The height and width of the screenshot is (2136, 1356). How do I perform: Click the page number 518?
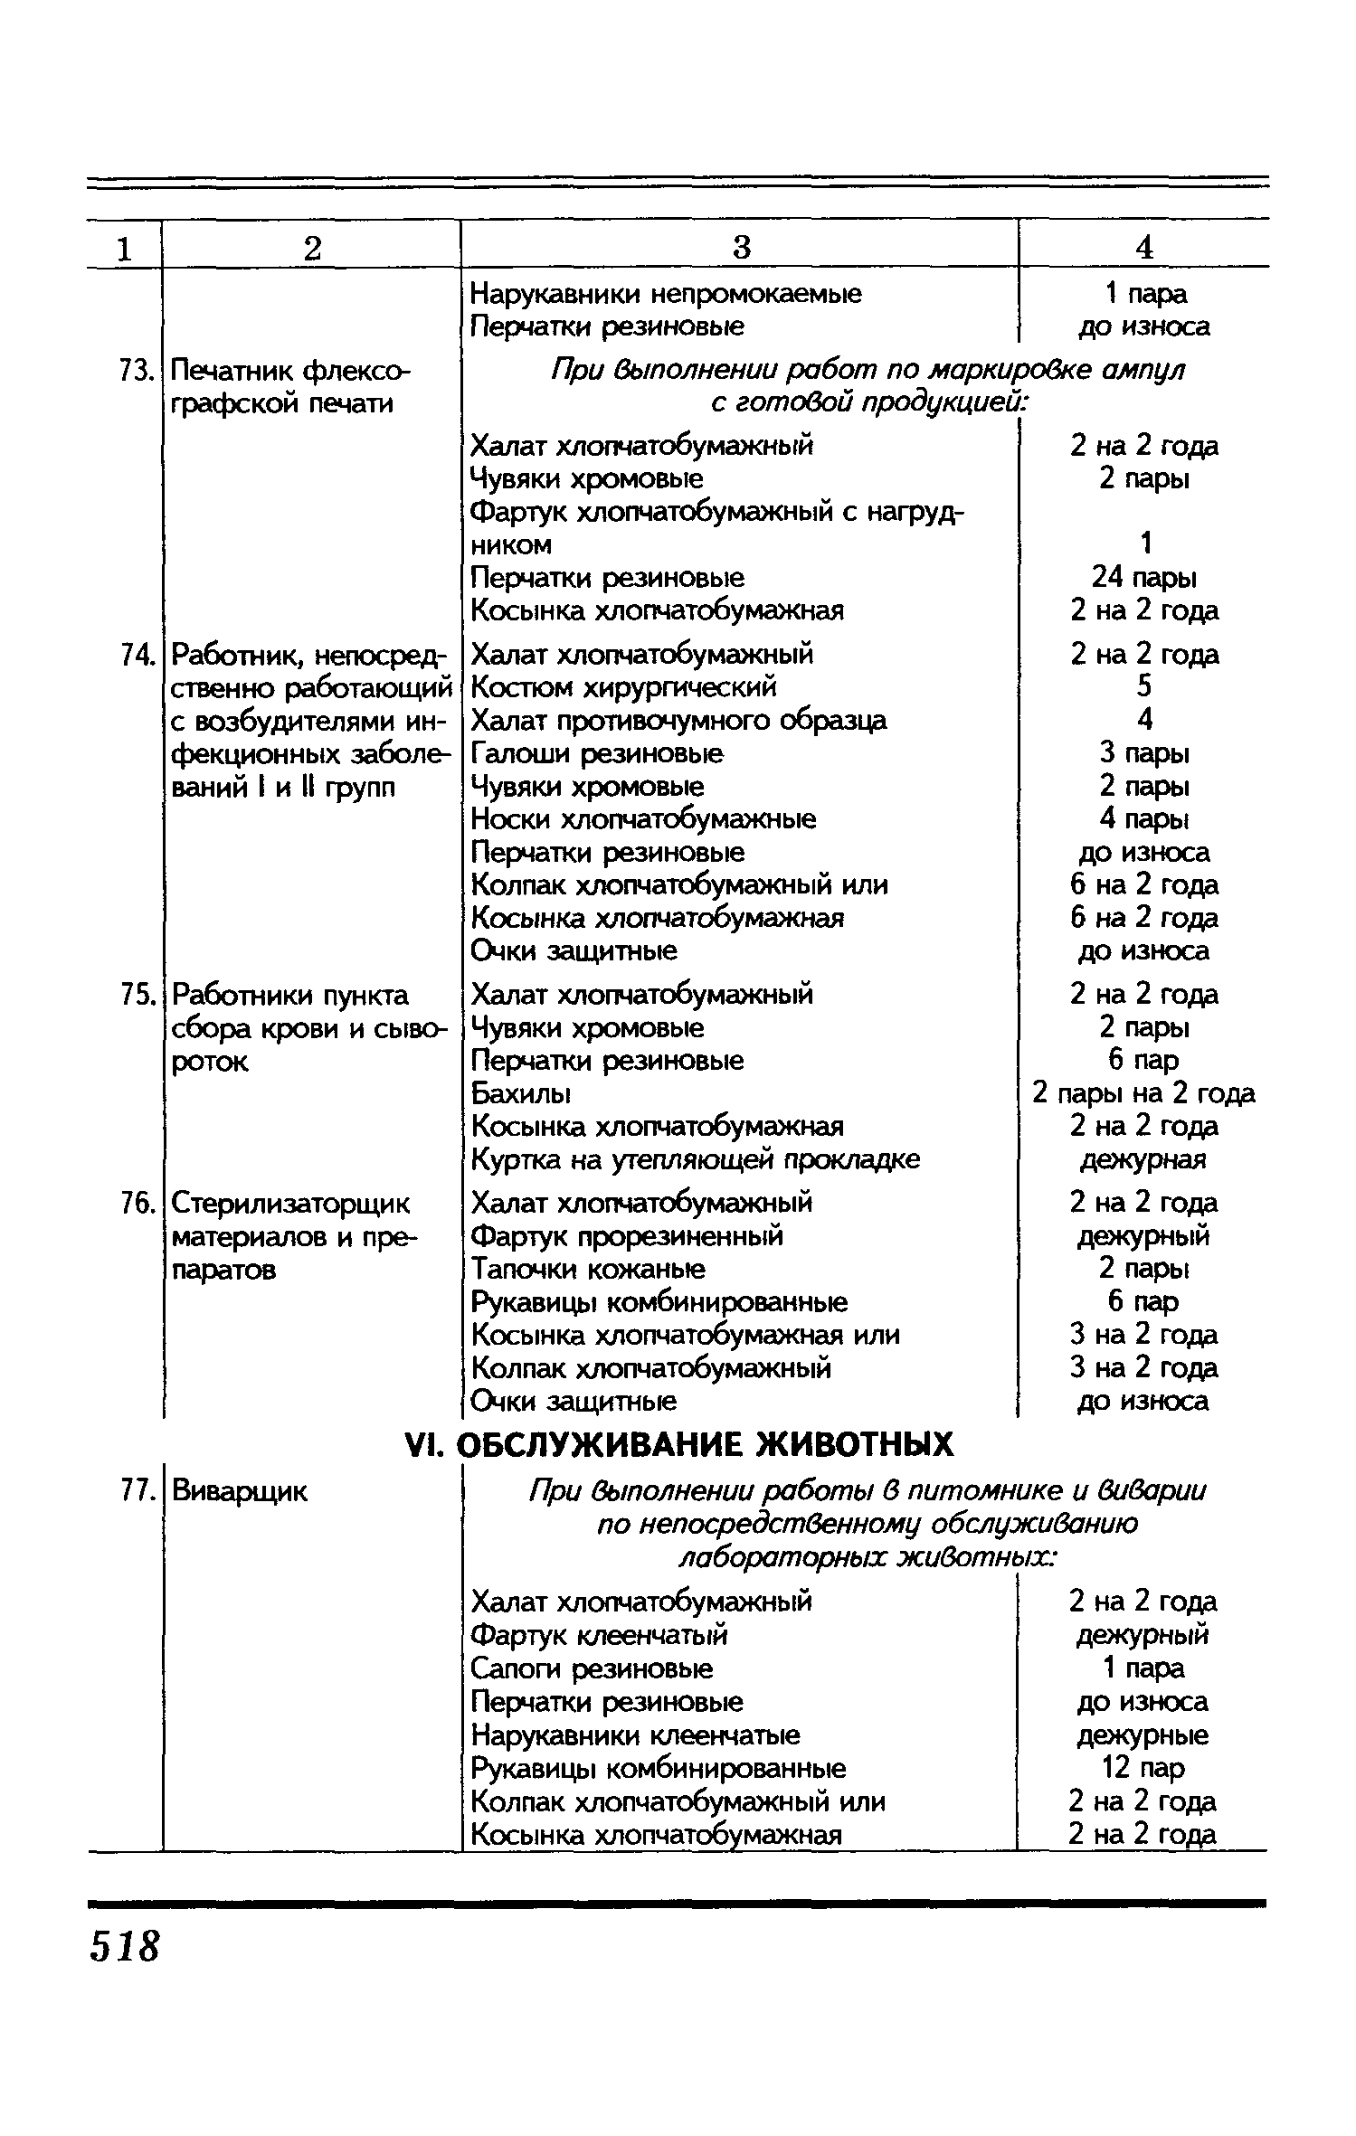coord(124,1944)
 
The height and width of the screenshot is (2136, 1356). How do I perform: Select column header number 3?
coord(741,247)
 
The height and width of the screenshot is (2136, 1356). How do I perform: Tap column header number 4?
coord(1144,247)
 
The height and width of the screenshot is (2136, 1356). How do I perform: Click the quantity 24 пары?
coord(1144,577)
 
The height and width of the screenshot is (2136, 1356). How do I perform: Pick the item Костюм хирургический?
coord(624,687)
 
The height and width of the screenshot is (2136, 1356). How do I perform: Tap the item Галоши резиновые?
coord(598,752)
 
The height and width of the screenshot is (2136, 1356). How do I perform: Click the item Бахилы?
coord(521,1093)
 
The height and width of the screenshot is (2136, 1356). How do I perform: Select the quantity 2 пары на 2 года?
coord(1144,1093)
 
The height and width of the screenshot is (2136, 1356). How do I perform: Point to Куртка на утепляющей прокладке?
coord(696,1159)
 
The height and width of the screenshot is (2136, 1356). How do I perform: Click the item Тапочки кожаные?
coord(589,1269)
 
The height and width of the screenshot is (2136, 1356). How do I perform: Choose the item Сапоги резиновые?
coord(593,1668)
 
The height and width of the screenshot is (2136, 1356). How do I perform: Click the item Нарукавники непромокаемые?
coord(667,293)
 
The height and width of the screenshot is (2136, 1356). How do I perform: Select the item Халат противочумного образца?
coord(679,720)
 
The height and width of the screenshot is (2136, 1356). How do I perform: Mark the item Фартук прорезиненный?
coord(628,1235)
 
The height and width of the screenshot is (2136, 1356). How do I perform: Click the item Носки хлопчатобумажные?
coord(643,819)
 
